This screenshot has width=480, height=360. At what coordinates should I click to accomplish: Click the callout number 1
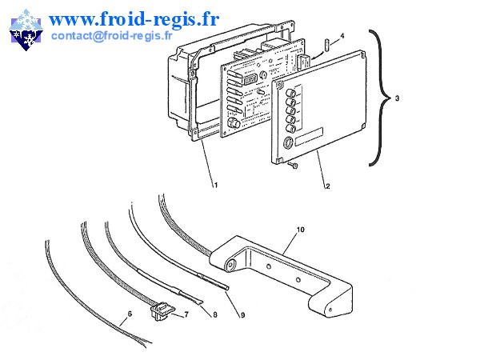[x=215, y=185]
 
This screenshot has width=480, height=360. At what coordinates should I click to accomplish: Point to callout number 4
[x=342, y=36]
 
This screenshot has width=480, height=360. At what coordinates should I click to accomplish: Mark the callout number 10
[x=300, y=230]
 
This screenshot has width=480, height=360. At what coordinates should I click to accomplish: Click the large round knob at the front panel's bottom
[x=286, y=145]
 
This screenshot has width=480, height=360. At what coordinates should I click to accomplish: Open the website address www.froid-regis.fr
[x=134, y=17]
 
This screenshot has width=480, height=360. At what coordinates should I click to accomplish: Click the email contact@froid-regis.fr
[x=112, y=36]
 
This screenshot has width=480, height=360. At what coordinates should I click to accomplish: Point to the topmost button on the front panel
[x=289, y=93]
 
